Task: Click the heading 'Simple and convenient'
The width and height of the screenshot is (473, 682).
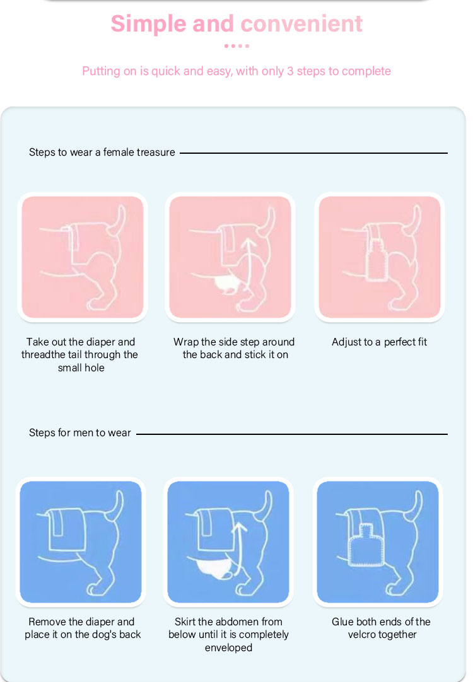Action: [x=237, y=24]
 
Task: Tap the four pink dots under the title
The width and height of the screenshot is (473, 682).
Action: [x=237, y=45]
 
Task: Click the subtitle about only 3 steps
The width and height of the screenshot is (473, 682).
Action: [x=237, y=71]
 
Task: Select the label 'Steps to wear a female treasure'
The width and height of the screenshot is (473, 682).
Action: [x=102, y=153]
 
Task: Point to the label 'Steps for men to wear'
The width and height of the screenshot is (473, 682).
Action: [x=79, y=433]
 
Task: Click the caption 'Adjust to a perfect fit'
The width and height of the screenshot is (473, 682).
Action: [x=379, y=342]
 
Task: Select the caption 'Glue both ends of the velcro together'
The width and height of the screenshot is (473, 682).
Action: [x=381, y=628]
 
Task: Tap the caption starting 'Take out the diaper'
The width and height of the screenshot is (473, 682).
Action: [x=81, y=354]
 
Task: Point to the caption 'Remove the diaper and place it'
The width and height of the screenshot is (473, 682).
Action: [x=82, y=628]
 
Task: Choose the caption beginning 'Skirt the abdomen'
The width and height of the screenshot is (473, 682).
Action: [x=228, y=635]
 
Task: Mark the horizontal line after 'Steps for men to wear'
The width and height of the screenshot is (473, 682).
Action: [x=292, y=434]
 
